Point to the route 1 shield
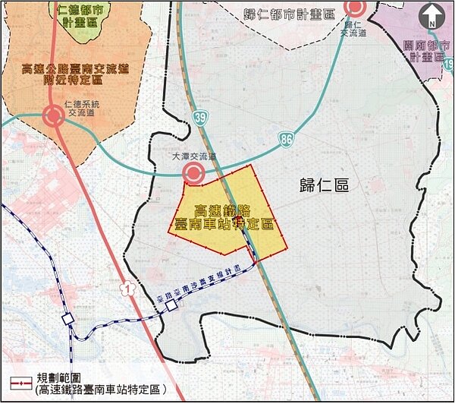pos(126,288)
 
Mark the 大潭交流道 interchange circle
pos(193,175)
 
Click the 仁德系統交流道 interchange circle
pos(53,117)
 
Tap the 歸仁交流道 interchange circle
pos(354,8)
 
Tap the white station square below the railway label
pos(172,305)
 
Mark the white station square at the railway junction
pos(68,319)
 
